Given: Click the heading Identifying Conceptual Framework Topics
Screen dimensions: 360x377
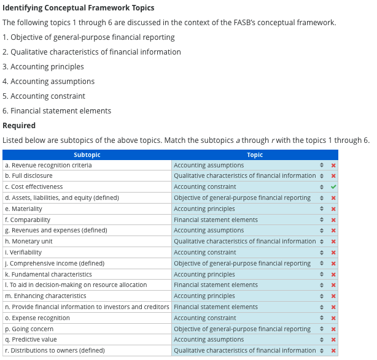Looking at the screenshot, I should (x=79, y=8).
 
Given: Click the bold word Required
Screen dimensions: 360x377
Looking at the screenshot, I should (x=19, y=126).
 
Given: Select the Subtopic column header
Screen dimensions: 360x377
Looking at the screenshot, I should (x=87, y=155).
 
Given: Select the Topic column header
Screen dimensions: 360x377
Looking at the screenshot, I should (x=254, y=155).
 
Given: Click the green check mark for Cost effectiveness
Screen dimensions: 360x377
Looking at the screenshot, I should (x=333, y=187).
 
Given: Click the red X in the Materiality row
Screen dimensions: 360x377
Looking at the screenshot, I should (x=333, y=209).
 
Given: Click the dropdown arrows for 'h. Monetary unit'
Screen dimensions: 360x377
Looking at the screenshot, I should (x=321, y=242).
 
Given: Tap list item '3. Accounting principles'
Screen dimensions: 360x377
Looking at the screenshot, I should (x=43, y=67).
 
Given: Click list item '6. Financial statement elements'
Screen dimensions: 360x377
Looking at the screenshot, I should (x=56, y=111).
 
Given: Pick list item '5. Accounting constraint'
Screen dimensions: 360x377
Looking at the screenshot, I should (x=44, y=96).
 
